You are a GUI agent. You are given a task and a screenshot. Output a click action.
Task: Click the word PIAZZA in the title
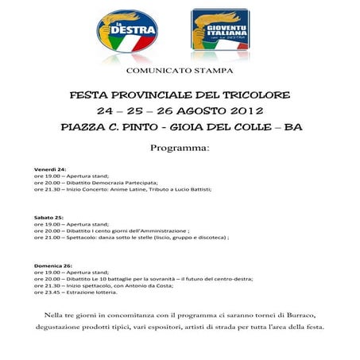83,126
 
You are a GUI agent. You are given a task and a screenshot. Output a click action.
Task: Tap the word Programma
180,148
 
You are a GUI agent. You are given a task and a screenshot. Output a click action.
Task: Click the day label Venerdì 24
50,169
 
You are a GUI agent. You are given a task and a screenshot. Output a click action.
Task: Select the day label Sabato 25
48,216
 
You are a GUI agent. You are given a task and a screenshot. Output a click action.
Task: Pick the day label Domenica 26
52,264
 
